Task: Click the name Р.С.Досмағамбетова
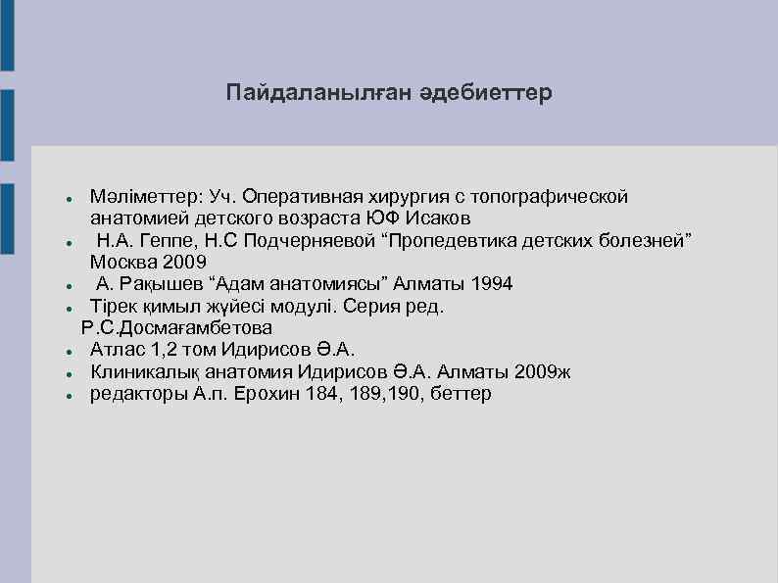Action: tap(176, 327)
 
